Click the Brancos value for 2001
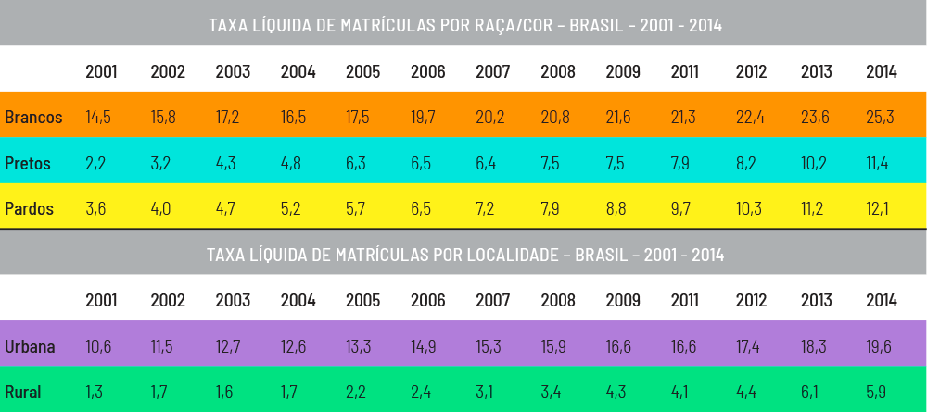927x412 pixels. click(x=98, y=118)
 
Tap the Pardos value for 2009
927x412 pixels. click(x=616, y=208)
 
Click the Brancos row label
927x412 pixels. click(x=33, y=118)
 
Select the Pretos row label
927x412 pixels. click(x=28, y=163)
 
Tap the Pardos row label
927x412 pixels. click(x=30, y=208)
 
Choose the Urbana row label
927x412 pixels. click(x=31, y=347)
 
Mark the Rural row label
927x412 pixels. click(x=23, y=393)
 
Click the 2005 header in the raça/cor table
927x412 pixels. click(x=362, y=72)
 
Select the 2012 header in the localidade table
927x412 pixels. click(x=752, y=300)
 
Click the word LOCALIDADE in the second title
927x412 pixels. click(x=508, y=254)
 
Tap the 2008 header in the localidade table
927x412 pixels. click(x=557, y=300)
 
